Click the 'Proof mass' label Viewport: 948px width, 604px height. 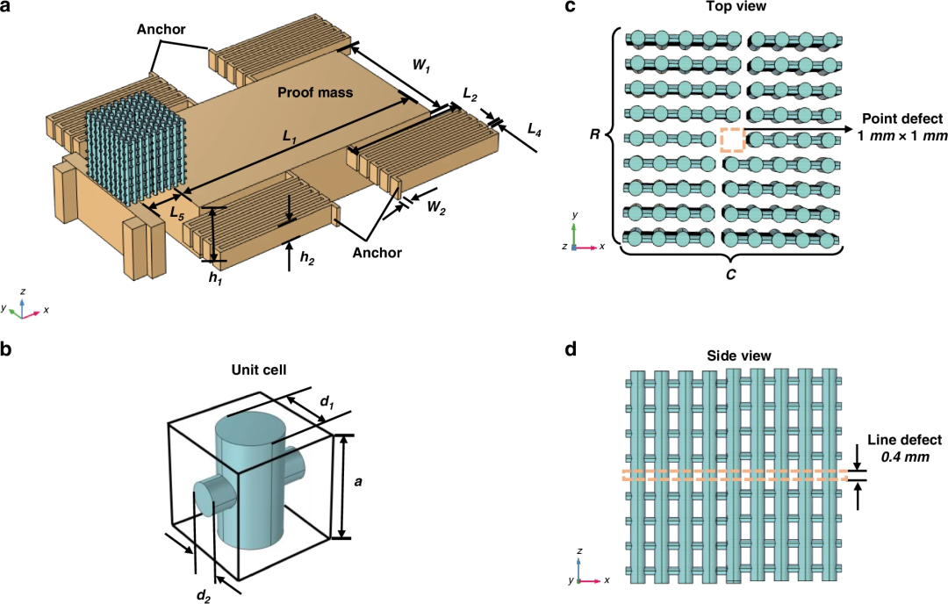(x=315, y=92)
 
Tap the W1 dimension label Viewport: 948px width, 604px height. (x=421, y=65)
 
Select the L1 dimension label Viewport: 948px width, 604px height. (x=290, y=138)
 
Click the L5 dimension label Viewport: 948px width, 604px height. (x=176, y=212)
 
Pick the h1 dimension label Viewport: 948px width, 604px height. (x=215, y=278)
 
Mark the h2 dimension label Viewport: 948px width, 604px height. (x=307, y=258)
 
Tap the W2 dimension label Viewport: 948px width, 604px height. (x=436, y=208)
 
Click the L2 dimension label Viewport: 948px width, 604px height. (x=470, y=94)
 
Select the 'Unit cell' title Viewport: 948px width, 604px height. (x=259, y=370)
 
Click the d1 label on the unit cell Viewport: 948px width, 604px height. (x=327, y=401)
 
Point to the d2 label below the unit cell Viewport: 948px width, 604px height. (x=203, y=595)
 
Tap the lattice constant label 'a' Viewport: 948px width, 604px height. (x=358, y=482)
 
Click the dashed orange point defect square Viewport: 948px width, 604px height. (x=731, y=140)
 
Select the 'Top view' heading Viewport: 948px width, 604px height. (x=736, y=7)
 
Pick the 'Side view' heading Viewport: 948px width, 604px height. (x=739, y=356)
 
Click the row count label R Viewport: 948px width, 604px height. (x=595, y=134)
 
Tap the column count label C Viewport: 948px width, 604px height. (x=730, y=275)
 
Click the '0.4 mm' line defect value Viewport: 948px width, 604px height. (x=904, y=457)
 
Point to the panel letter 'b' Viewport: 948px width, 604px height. (x=5, y=349)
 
